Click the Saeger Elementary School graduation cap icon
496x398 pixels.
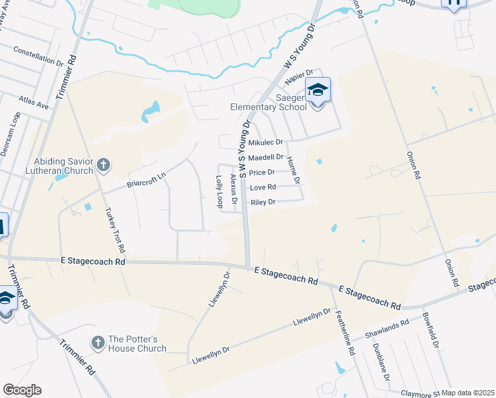318,90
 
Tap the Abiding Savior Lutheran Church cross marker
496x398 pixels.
103,164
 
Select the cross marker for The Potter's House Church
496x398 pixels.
97,343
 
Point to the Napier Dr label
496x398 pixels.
298,78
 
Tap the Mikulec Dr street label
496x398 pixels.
265,143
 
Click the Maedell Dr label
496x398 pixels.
265,157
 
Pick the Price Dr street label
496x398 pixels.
262,172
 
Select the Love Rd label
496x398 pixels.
263,188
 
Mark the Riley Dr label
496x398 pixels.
263,202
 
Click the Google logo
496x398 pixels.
22,390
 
